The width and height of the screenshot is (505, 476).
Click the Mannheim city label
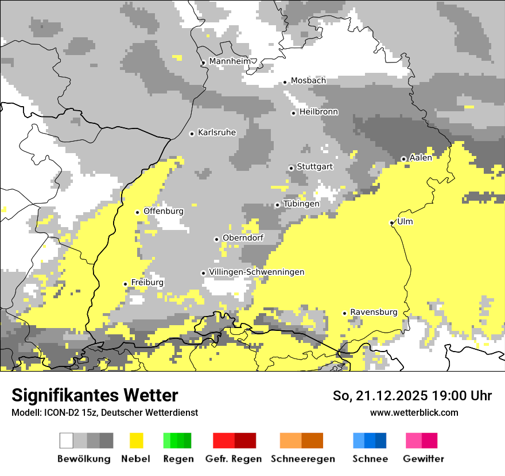pyautogui.click(x=230, y=61)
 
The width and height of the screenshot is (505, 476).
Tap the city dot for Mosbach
pyautogui.click(x=285, y=82)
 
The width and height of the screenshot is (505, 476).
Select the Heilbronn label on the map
pyautogui.click(x=318, y=112)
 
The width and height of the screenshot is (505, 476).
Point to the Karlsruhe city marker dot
pyautogui.click(x=192, y=134)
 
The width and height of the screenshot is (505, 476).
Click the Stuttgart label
pyautogui.click(x=315, y=167)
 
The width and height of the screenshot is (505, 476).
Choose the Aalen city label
pyautogui.click(x=421, y=158)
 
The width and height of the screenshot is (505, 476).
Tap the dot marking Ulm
pyautogui.click(x=391, y=223)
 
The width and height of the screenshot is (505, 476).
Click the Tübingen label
pyautogui.click(x=301, y=204)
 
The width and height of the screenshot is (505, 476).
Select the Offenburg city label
pyautogui.click(x=164, y=211)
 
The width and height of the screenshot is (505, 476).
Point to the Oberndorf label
pyautogui.click(x=243, y=237)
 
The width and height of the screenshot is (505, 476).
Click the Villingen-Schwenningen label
pyautogui.click(x=257, y=272)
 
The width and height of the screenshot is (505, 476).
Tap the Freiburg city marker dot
pyautogui.click(x=125, y=284)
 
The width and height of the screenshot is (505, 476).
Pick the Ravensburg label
pyautogui.click(x=374, y=312)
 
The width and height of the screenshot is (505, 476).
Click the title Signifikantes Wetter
pyautogui.click(x=95, y=395)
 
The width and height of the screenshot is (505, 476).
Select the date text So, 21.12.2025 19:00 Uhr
pyautogui.click(x=412, y=396)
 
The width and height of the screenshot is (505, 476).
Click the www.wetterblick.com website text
pyautogui.click(x=414, y=412)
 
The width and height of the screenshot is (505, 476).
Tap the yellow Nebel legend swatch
pyautogui.click(x=136, y=440)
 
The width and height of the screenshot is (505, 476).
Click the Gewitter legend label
pyautogui.click(x=423, y=459)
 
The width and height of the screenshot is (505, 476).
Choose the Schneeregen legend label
pyautogui.click(x=302, y=459)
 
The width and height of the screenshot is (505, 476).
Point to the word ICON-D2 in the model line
pyautogui.click(x=55, y=412)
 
